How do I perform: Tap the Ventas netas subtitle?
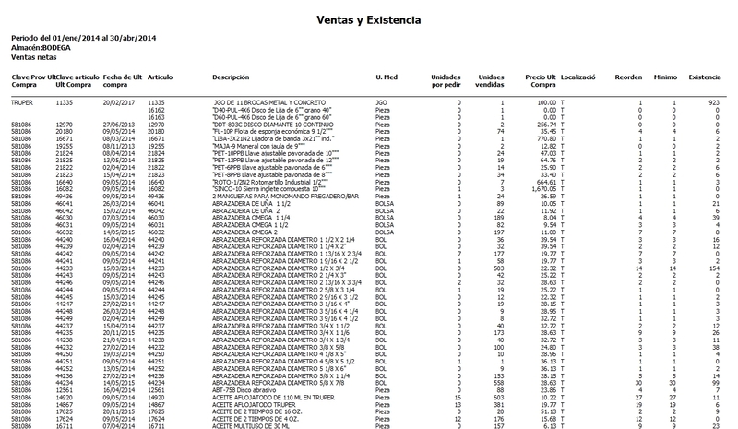click(33, 57)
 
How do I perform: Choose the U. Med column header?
click(386, 77)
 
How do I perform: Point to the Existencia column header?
click(706, 77)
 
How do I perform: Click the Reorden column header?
click(629, 77)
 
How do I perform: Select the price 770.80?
click(544, 137)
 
